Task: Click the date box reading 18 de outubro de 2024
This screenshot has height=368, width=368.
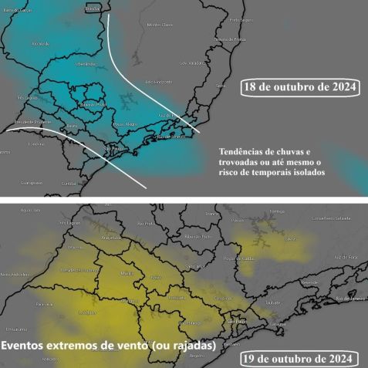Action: point(300,87)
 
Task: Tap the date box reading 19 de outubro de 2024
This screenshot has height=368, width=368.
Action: point(299,359)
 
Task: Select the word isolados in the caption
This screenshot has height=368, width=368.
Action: point(306,174)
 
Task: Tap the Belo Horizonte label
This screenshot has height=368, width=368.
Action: point(157,82)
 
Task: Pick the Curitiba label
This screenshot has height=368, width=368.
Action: point(70,184)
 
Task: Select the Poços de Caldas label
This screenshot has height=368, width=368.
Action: point(235,258)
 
